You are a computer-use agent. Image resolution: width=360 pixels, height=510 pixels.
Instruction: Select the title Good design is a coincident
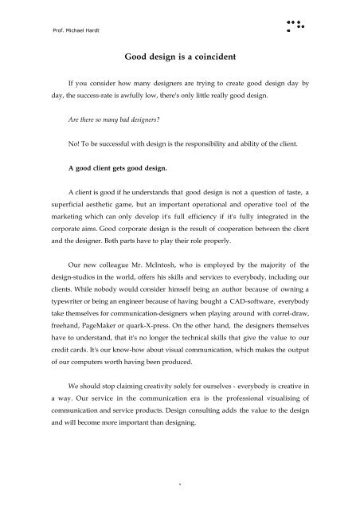tap(179, 57)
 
